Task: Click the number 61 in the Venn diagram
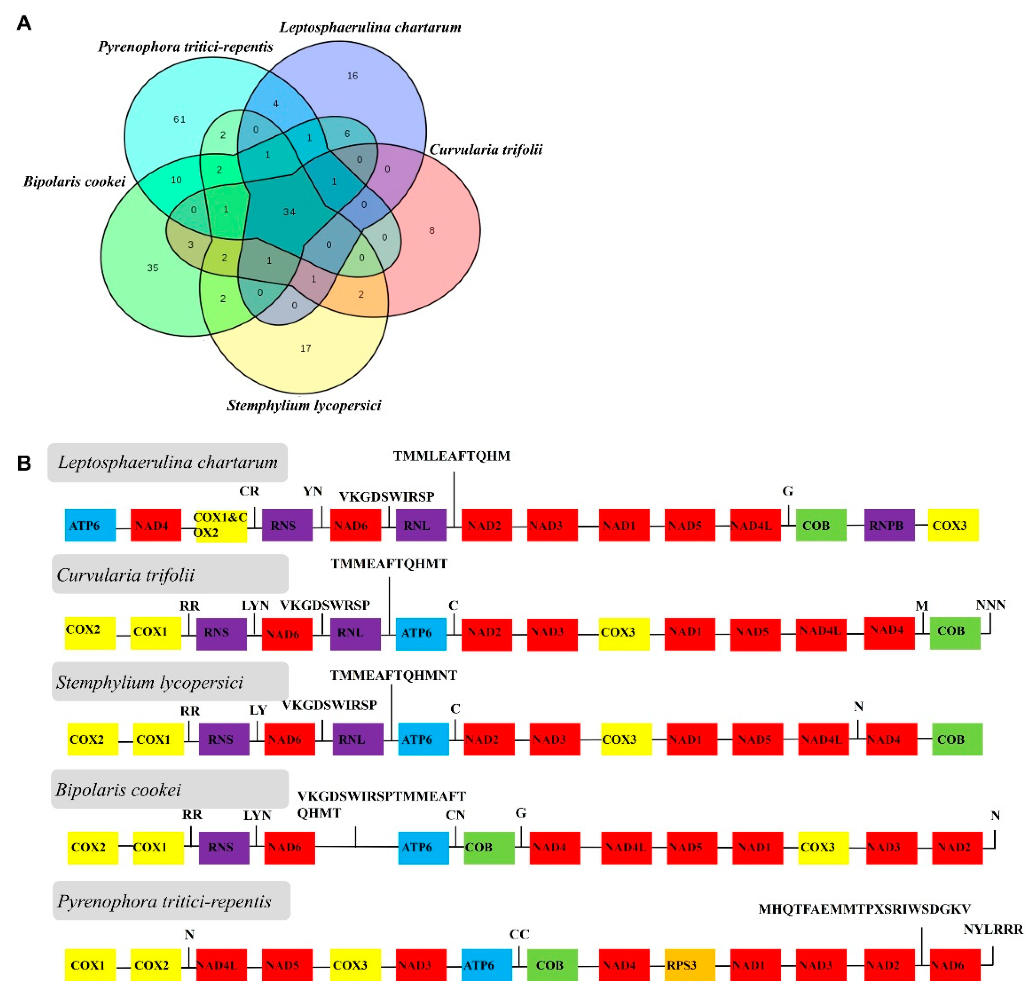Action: click(180, 119)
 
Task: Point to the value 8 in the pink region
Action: click(432, 230)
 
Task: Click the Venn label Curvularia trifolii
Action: click(486, 150)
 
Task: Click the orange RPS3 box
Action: click(690, 965)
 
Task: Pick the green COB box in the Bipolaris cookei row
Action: click(489, 847)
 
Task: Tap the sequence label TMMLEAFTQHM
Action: click(452, 456)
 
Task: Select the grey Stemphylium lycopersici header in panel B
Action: click(170, 682)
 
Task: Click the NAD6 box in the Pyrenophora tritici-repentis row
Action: click(955, 965)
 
